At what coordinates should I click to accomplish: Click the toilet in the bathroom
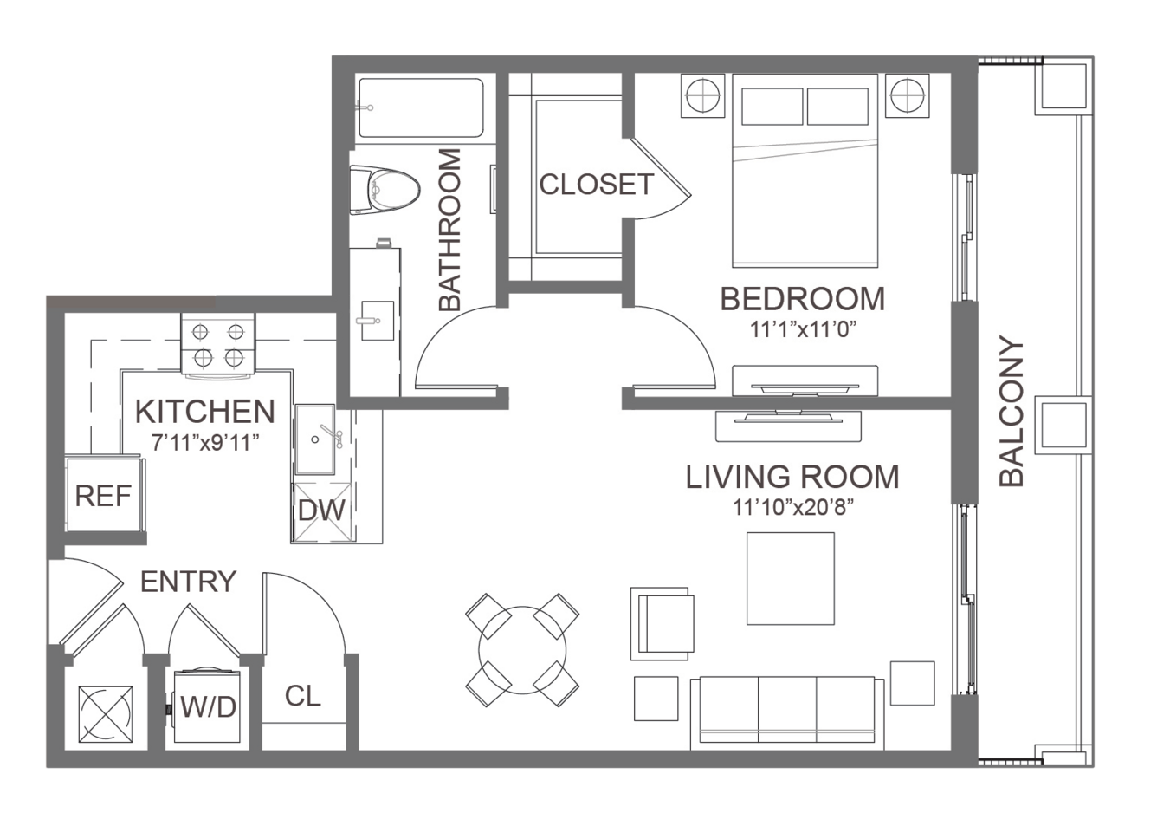click(384, 189)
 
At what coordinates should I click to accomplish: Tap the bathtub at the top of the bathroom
click(421, 107)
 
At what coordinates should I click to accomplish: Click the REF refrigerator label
click(103, 497)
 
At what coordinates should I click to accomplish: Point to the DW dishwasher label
click(321, 511)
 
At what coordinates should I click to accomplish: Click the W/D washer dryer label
click(208, 706)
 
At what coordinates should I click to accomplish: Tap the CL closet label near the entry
click(303, 696)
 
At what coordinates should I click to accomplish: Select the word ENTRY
click(189, 582)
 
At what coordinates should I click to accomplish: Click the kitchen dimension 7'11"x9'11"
click(205, 442)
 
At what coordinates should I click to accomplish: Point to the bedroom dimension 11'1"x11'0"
click(803, 329)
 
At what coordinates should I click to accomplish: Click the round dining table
click(522, 650)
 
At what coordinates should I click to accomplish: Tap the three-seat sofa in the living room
click(788, 713)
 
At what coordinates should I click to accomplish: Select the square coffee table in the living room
click(791, 578)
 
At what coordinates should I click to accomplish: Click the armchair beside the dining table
click(663, 623)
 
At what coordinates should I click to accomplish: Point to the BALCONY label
click(1012, 411)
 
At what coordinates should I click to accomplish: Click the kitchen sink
click(315, 439)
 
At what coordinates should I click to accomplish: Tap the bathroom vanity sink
click(378, 321)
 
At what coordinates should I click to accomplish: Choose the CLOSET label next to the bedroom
click(597, 184)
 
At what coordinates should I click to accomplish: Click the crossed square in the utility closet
click(106, 714)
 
